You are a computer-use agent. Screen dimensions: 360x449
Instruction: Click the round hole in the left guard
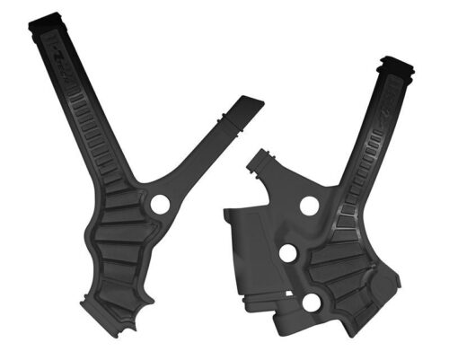161,205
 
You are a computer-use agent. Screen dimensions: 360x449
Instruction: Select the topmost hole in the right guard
309,206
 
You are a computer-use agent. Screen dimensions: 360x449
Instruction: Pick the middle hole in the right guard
287,254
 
